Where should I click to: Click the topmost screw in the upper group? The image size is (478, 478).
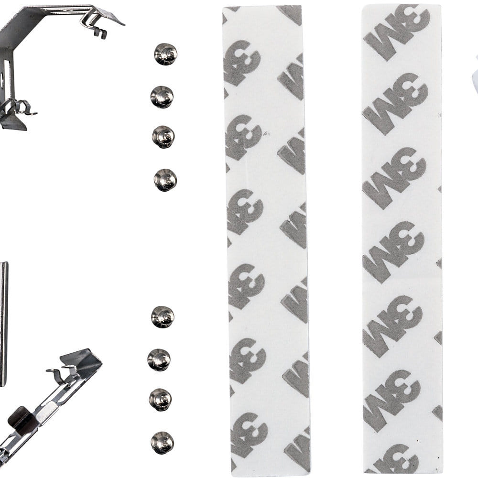(165, 54)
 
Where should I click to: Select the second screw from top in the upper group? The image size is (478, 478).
(162, 97)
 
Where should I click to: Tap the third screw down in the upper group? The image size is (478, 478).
(163, 137)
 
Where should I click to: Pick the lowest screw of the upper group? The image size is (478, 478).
(165, 180)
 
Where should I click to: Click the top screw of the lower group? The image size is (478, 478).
(163, 317)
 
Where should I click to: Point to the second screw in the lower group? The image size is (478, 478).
(159, 360)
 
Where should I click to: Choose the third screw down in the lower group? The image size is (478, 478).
(160, 400)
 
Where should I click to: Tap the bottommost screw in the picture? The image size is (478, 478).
(162, 443)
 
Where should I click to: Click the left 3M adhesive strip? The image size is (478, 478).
(266, 241)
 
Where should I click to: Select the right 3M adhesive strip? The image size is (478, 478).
(402, 239)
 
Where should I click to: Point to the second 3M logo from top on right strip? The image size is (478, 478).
(395, 104)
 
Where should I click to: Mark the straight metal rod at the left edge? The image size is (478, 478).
(3, 324)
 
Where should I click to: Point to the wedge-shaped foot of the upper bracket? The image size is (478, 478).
(14, 121)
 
